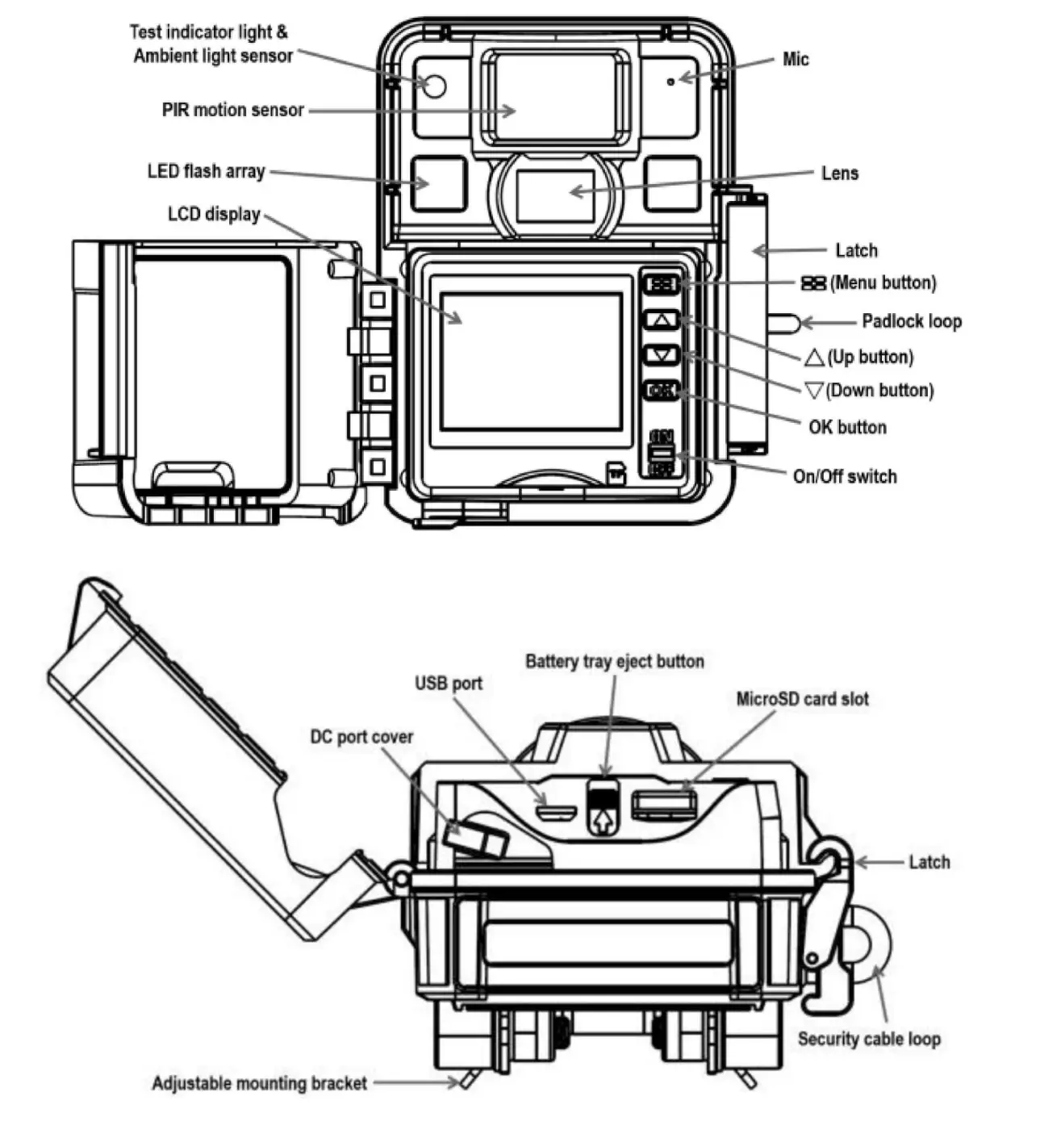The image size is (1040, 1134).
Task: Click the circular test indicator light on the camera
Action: pos(434,86)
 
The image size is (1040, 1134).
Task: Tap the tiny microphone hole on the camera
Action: pos(670,82)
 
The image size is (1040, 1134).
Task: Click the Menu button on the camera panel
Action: pos(662,283)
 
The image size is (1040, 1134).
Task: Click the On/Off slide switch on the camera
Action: pos(661,454)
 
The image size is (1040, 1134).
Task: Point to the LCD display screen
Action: pos(531,360)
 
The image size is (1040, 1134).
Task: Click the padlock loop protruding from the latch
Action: pos(783,323)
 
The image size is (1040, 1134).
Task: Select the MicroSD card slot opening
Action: pos(663,805)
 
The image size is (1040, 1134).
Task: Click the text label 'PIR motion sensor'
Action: pos(232,110)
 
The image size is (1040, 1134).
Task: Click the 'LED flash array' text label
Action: pos(206,171)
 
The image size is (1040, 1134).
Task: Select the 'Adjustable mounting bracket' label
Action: pos(259,1083)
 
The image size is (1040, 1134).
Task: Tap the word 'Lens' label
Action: pos(839,174)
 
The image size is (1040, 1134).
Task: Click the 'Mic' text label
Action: pos(795,60)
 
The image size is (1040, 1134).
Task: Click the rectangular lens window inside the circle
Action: pos(555,195)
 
